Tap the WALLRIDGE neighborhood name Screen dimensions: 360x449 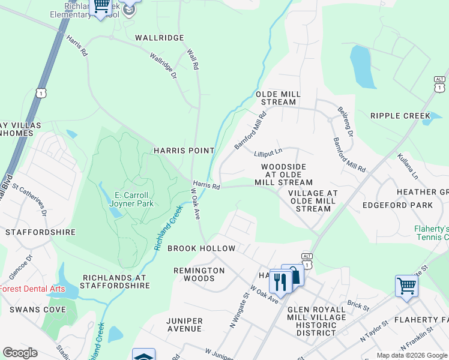pyautogui.click(x=159, y=37)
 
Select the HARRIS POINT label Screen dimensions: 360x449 pyautogui.click(x=184, y=151)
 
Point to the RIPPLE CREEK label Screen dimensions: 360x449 pyautogui.click(x=400, y=116)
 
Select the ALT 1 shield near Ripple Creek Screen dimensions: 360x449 pyautogui.click(x=439, y=85)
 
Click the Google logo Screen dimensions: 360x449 pyautogui.click(x=20, y=353)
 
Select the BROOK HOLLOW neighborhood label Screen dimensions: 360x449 pyautogui.click(x=201, y=248)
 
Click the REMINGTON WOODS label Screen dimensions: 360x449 pyautogui.click(x=199, y=274)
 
